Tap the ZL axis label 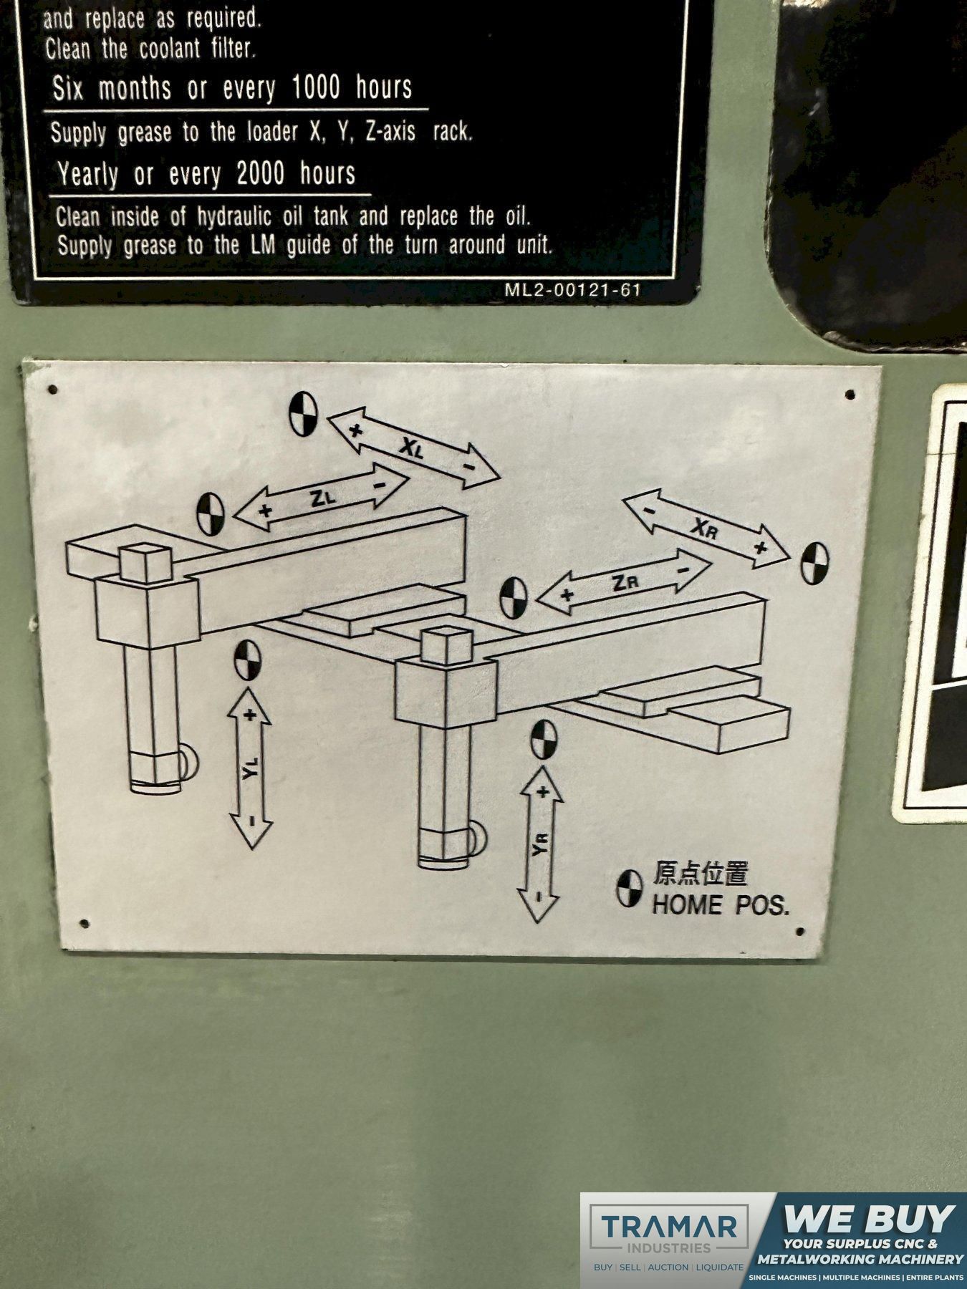coord(323,498)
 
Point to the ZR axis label coord(625,583)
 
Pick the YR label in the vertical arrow coord(540,844)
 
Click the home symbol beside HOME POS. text coord(630,889)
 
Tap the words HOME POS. coord(721,905)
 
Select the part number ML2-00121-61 coord(572,290)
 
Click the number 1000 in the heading coord(316,87)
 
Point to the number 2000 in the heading coord(261,173)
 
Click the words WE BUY coord(871,1218)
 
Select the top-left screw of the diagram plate coord(52,390)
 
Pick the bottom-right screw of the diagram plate coord(800,932)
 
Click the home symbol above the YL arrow coord(247,660)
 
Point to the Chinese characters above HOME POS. coord(701,874)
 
